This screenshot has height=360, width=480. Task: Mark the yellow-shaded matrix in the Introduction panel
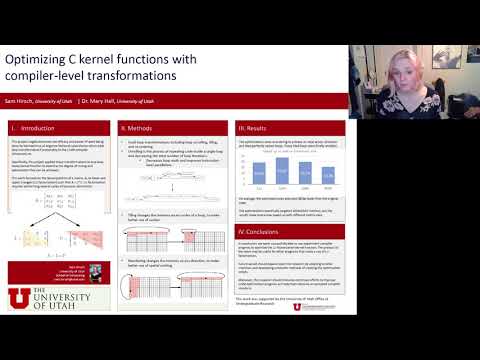(x=26, y=237)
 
